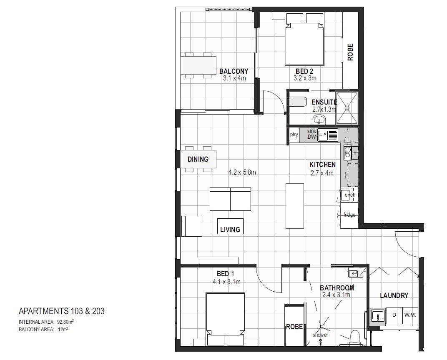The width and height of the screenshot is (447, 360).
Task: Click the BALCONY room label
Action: [x=234, y=71]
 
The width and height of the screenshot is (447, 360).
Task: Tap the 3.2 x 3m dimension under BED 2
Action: [x=305, y=78]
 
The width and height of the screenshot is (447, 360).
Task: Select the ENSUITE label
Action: [x=324, y=102]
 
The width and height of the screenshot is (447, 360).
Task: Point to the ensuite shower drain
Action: [x=347, y=107]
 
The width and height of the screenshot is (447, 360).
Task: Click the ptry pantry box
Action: [x=294, y=135]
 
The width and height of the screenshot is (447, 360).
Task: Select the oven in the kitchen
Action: [x=349, y=195]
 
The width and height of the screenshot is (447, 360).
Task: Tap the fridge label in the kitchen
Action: [x=349, y=215]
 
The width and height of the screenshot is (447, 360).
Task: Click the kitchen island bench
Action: [x=294, y=205]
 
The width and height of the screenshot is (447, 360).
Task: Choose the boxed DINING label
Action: [x=198, y=159]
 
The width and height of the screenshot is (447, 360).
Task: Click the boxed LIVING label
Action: [x=230, y=229]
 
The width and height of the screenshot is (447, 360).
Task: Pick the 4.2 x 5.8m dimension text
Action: [x=242, y=172]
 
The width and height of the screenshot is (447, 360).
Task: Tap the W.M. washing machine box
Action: [x=410, y=315]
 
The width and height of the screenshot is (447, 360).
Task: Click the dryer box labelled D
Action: [x=394, y=315]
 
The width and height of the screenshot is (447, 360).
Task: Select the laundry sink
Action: [x=378, y=317]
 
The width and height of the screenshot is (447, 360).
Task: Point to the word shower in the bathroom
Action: [x=320, y=335]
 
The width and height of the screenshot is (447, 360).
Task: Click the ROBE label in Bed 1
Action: [x=294, y=327]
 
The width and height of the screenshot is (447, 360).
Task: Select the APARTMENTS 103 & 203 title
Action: [x=62, y=311]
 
